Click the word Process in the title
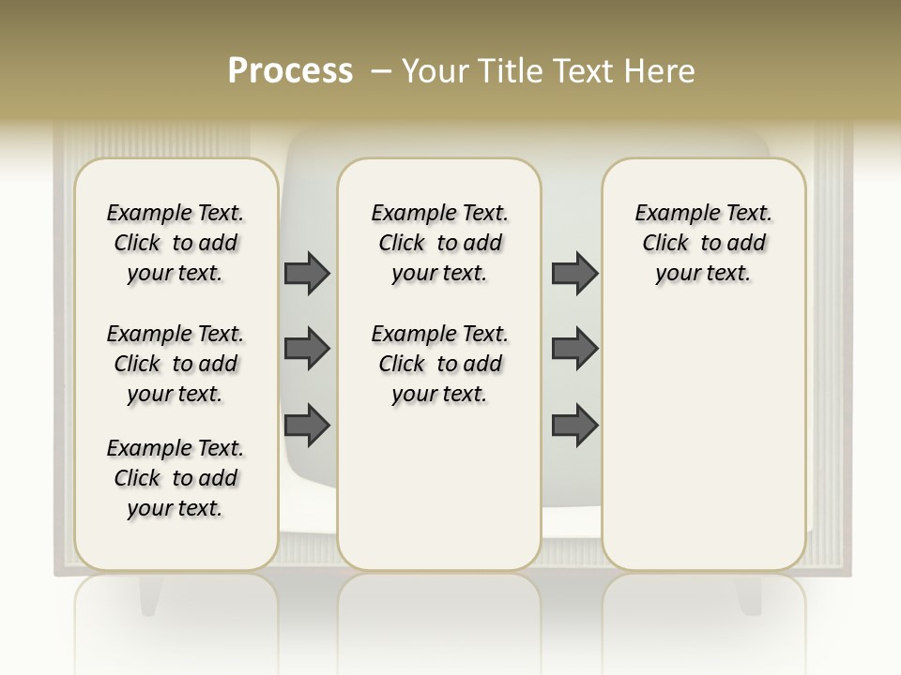[290, 70]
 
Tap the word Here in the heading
[662, 71]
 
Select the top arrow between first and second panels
[307, 273]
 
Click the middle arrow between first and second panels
[307, 349]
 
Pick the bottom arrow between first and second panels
[307, 425]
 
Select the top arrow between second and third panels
[574, 273]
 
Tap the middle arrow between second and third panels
[574, 349]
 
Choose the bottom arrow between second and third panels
[574, 425]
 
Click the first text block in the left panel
[176, 243]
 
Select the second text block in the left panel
[176, 364]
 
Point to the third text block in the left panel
[176, 478]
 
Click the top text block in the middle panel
[439, 243]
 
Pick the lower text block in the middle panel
[439, 364]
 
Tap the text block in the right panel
[704, 243]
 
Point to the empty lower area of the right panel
[704, 441]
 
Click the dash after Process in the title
[382, 71]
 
